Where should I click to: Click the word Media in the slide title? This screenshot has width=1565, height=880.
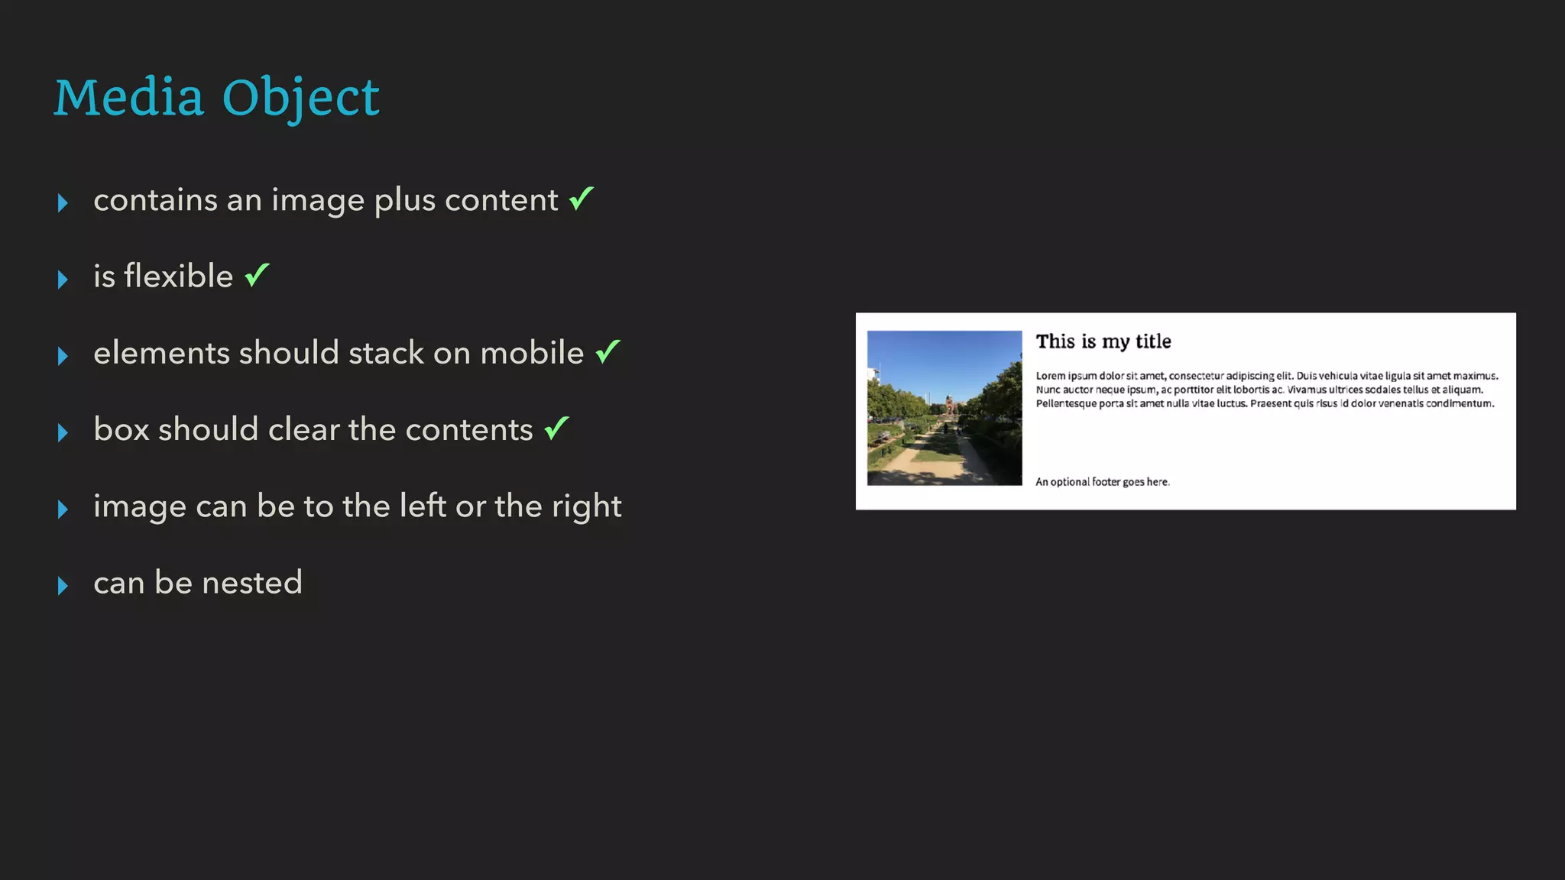tap(129, 98)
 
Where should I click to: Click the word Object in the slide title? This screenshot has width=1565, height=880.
tap(300, 99)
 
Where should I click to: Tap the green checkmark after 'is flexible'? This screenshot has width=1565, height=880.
tap(258, 274)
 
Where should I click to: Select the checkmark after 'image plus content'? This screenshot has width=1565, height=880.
tap(582, 199)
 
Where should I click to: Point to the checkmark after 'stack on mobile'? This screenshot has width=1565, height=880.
tap(608, 351)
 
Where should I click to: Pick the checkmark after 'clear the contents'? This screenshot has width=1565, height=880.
tap(557, 428)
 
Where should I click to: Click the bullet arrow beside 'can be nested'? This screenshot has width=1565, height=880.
tap(63, 586)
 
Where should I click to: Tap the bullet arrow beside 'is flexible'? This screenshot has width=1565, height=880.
tap(63, 280)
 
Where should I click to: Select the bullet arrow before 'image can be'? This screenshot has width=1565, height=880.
tap(63, 510)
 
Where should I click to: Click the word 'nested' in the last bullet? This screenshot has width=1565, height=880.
tap(252, 583)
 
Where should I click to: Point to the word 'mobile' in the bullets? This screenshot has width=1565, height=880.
tap(532, 353)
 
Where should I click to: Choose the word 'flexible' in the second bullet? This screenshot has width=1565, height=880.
tap(178, 276)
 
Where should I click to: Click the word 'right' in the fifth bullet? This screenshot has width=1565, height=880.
tap(586, 506)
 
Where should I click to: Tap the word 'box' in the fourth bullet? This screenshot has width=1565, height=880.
tap(122, 429)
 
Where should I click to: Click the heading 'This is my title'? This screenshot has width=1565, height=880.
tap(1103, 341)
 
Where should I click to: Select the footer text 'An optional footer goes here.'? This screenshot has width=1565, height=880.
tap(1102, 482)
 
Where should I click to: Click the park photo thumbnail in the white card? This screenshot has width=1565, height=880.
tap(945, 408)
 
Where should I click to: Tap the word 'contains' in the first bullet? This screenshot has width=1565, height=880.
tap(155, 200)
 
